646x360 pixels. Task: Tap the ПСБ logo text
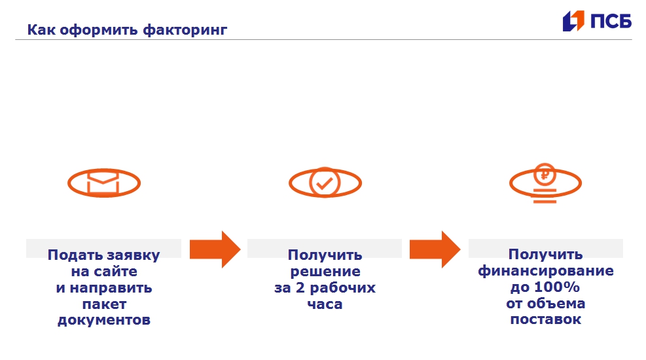[611, 21]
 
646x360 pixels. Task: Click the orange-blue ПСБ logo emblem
[573, 21]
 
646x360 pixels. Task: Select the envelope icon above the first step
[104, 183]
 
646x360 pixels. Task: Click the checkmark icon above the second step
[325, 183]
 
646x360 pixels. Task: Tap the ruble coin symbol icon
[545, 175]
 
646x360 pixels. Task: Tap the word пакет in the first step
[104, 304]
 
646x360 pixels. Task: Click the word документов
[104, 321]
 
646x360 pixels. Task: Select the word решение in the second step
[325, 272]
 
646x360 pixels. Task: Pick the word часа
[325, 304]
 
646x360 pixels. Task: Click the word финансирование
[545, 271]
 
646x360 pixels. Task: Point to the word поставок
[545, 320]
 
